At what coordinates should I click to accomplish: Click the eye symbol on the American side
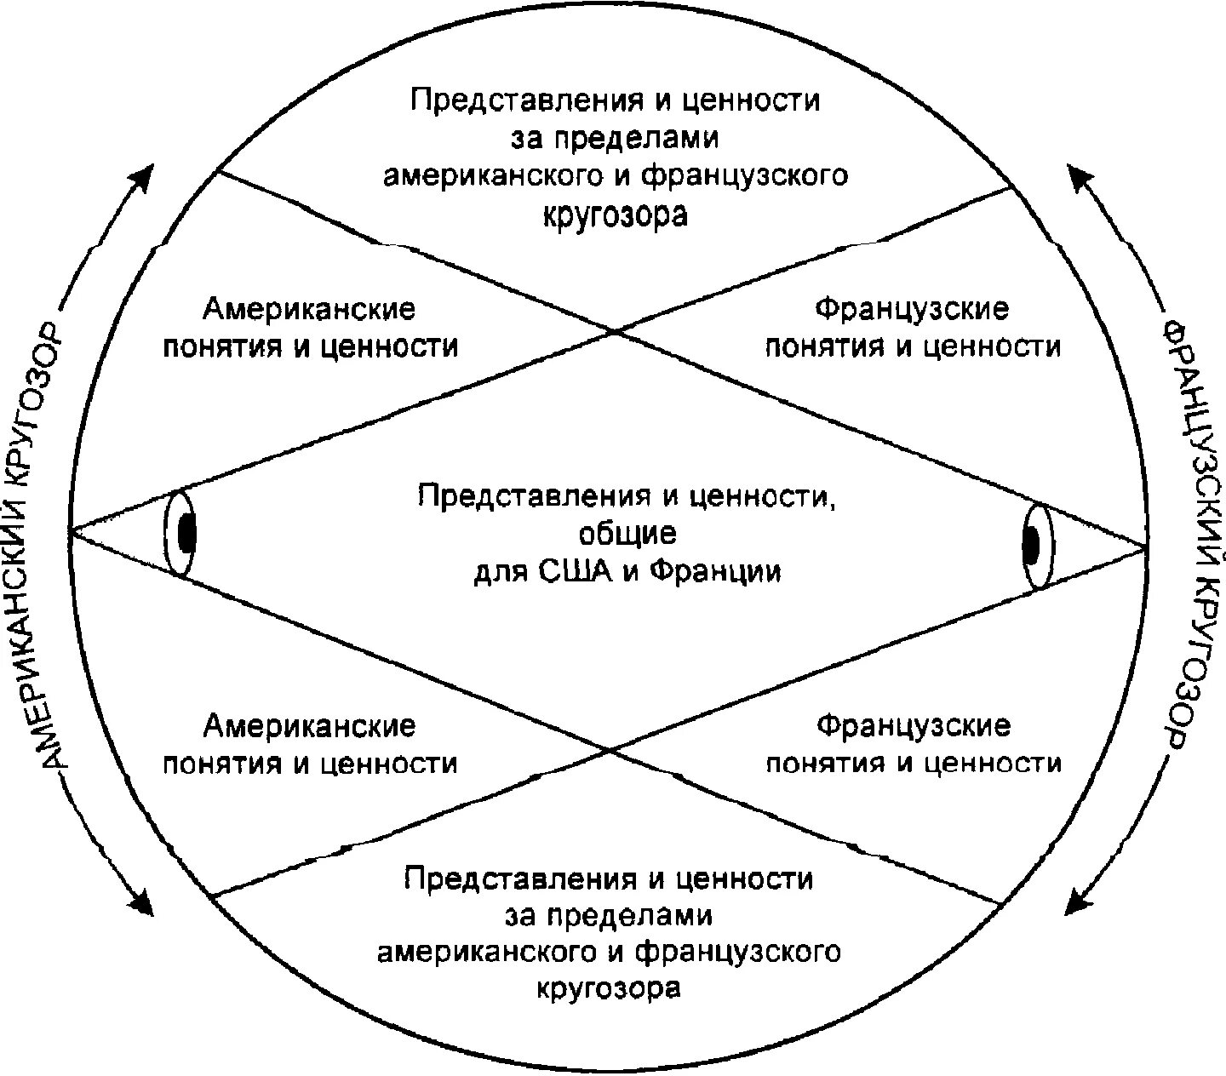[x=181, y=534]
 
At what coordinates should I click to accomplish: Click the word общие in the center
[x=628, y=533]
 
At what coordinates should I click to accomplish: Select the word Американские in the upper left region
[x=309, y=309]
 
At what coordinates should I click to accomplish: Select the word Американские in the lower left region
[x=309, y=726]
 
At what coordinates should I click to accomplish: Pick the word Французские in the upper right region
[x=913, y=309]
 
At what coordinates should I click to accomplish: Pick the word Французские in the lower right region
[x=914, y=726]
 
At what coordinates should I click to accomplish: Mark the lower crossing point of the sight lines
[x=610, y=749]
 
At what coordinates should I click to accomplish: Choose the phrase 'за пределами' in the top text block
[x=615, y=138]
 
